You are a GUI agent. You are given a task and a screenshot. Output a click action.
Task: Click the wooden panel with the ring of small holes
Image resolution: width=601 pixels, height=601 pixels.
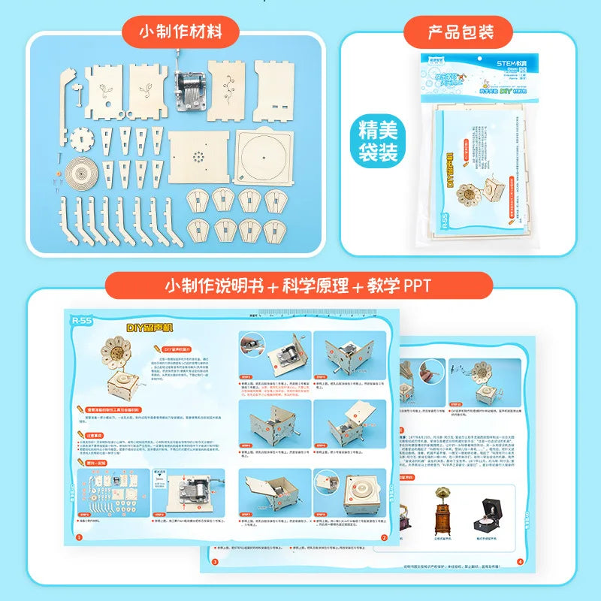198,161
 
